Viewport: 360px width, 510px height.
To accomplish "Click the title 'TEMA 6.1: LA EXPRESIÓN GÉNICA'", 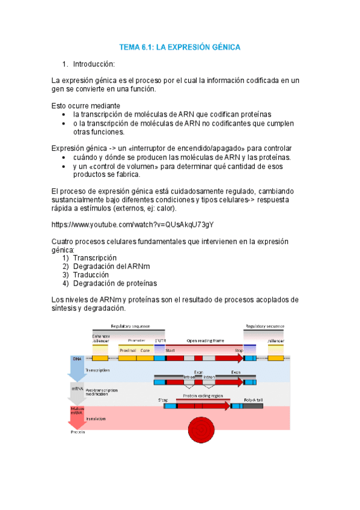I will tap(180, 46).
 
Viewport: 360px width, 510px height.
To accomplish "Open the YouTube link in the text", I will tap(132, 225).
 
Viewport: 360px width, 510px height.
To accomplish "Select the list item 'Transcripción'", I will tap(94, 257).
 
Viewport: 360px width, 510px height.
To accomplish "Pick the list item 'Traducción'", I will tap(91, 275).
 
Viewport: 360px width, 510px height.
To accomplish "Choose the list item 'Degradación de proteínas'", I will tap(115, 283).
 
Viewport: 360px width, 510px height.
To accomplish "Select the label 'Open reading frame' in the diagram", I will tap(205, 340).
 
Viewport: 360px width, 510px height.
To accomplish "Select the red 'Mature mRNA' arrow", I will tap(76, 416).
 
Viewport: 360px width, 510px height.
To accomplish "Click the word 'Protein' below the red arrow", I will tap(77, 432).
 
